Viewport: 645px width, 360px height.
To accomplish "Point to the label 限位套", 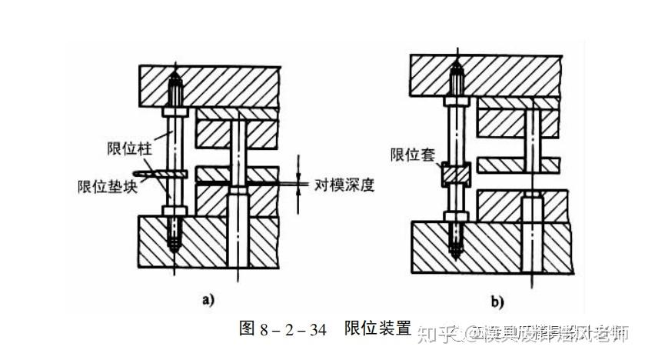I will [x=414, y=154].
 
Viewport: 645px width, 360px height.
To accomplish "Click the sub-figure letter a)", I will [x=208, y=299].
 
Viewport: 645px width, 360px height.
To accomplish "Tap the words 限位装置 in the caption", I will [x=377, y=328].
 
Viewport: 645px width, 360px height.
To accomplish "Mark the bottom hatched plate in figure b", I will [x=492, y=246].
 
